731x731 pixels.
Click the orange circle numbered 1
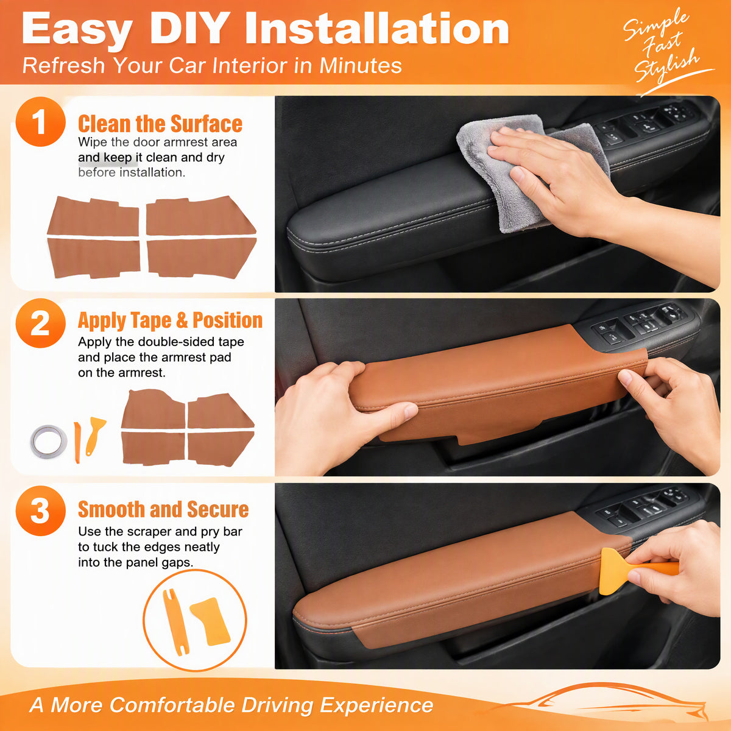(x=41, y=122)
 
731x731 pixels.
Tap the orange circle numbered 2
(x=41, y=323)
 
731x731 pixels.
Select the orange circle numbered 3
(x=41, y=510)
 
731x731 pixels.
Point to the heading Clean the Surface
(x=160, y=124)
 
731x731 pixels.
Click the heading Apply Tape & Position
(x=171, y=320)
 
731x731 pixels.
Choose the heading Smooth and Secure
(x=163, y=509)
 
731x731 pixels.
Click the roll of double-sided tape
(x=49, y=441)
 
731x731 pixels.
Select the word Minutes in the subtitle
(x=361, y=65)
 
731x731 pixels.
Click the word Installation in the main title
(x=376, y=29)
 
